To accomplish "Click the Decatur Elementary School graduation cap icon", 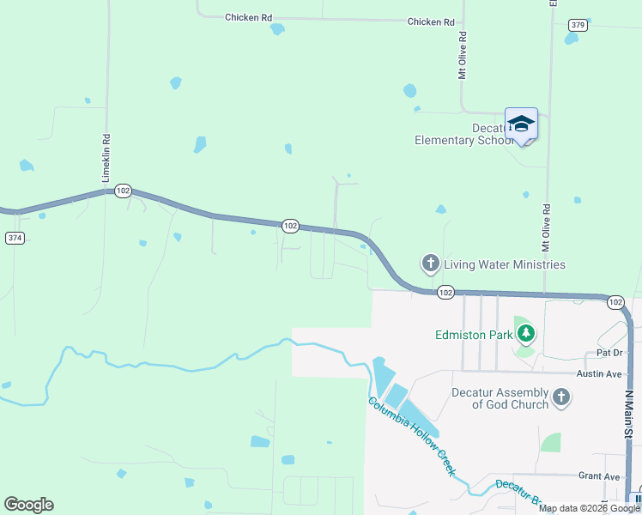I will tap(521, 124).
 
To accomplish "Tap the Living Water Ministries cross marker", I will tap(430, 264).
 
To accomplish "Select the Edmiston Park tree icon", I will tap(525, 334).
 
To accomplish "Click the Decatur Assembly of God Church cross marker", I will tap(561, 396).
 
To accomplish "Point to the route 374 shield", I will tap(15, 238).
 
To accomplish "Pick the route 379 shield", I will tap(577, 25).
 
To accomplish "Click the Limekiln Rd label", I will tap(107, 157).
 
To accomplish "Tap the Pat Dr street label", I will tap(609, 353).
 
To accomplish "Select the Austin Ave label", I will tap(599, 373).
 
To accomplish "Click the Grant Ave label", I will tap(599, 476).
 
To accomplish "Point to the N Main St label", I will tap(628, 415).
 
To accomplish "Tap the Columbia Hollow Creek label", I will tap(411, 437).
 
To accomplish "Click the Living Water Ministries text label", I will tap(505, 264).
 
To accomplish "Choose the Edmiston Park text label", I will tap(472, 334).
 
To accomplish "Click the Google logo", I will tap(28, 505).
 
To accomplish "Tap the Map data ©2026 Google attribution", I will tap(589, 508).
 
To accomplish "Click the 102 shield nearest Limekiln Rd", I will tap(123, 191).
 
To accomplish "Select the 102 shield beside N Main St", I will tap(615, 302).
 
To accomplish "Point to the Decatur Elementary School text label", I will tap(463, 134).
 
